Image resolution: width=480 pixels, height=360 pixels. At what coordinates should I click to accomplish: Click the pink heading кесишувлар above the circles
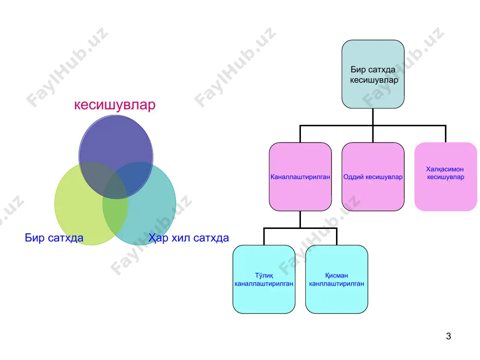[115, 105]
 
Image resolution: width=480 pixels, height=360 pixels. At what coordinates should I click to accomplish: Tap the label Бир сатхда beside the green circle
[54, 238]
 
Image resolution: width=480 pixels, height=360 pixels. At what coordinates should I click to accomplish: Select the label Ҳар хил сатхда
[189, 238]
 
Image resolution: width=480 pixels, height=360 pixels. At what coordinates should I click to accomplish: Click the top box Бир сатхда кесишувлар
[373, 74]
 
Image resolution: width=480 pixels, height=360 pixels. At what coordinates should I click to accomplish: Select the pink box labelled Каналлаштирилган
[300, 177]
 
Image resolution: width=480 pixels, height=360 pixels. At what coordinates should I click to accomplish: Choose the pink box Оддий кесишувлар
[373, 177]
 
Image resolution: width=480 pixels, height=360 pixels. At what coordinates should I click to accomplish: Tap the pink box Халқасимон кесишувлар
[446, 177]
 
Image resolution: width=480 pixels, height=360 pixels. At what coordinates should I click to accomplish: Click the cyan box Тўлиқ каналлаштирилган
[264, 279]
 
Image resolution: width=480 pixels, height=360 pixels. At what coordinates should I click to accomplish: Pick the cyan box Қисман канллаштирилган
[337, 279]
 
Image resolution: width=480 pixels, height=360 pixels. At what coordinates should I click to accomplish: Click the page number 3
[448, 336]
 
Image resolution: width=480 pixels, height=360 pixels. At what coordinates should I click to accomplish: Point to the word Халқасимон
[445, 169]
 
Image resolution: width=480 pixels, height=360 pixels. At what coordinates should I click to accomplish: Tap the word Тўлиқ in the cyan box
[264, 276]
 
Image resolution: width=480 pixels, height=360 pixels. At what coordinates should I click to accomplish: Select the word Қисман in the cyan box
[336, 276]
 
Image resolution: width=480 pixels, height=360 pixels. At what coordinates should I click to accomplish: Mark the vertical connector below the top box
[373, 117]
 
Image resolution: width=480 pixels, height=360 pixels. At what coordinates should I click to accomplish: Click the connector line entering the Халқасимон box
[445, 134]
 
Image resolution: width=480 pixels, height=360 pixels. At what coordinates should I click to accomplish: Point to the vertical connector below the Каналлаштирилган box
[300, 219]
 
